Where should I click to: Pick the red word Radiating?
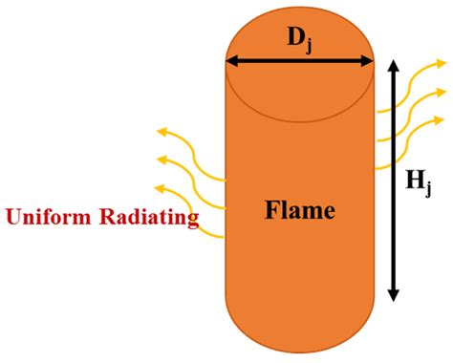click(149, 219)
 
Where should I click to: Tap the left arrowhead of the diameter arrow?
click(231, 62)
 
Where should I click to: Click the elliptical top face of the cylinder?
click(299, 86)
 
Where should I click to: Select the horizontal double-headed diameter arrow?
click(299, 62)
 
